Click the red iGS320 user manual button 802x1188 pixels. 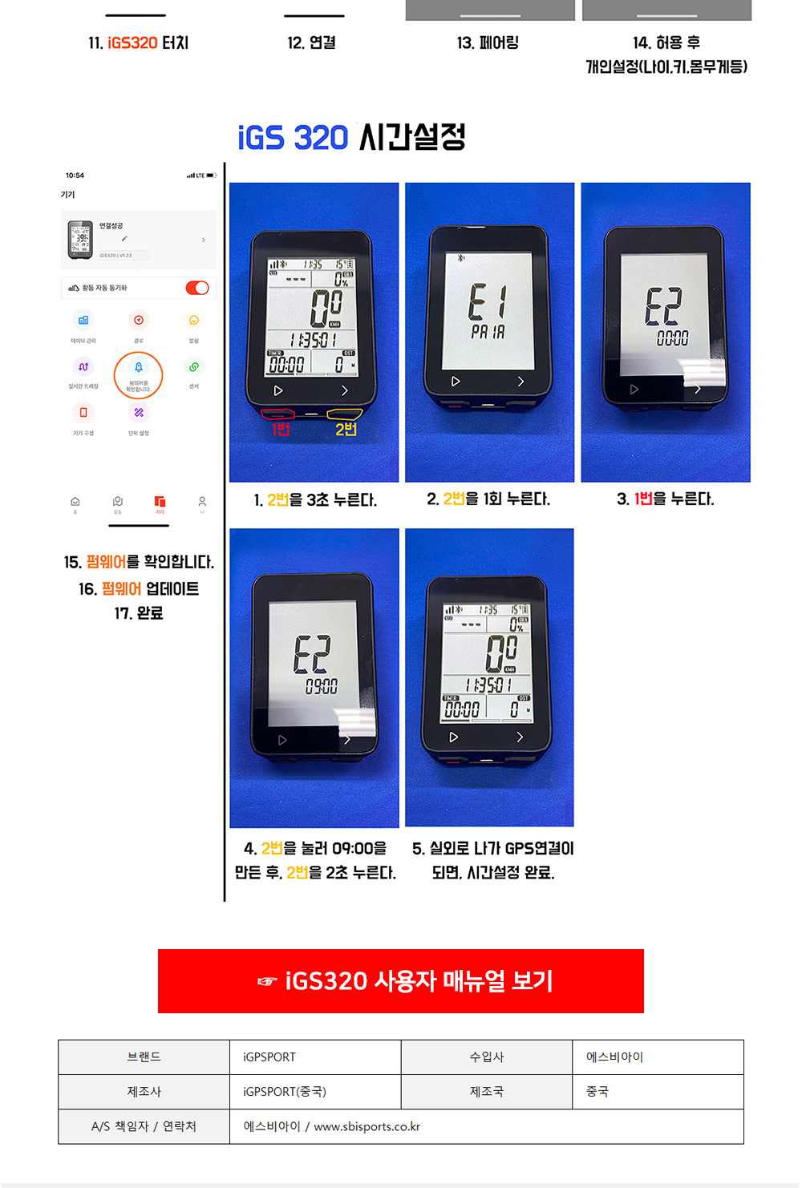coord(401,981)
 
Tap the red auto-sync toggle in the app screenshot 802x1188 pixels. coord(196,288)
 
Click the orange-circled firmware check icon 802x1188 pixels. coord(139,374)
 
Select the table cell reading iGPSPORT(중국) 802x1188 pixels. coord(315,1092)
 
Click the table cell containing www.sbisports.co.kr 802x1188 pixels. coord(486,1126)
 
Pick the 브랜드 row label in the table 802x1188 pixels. coord(144,1057)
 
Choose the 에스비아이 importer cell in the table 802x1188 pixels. coord(658,1057)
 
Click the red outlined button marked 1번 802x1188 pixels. coord(277,414)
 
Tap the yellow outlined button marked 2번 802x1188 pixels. coord(345,414)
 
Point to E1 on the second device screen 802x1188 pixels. coord(488,302)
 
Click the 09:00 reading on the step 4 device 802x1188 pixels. coord(321,686)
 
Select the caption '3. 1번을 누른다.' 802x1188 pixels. coord(665,499)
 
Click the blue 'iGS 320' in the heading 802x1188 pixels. coord(293,138)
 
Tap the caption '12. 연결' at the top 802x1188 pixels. coord(312,42)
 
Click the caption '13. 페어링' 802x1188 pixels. coord(488,42)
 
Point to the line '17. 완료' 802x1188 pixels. coord(139,613)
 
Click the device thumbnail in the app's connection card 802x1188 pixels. coord(80,239)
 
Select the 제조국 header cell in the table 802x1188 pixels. coord(487,1092)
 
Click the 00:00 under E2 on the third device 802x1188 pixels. coord(672,338)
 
